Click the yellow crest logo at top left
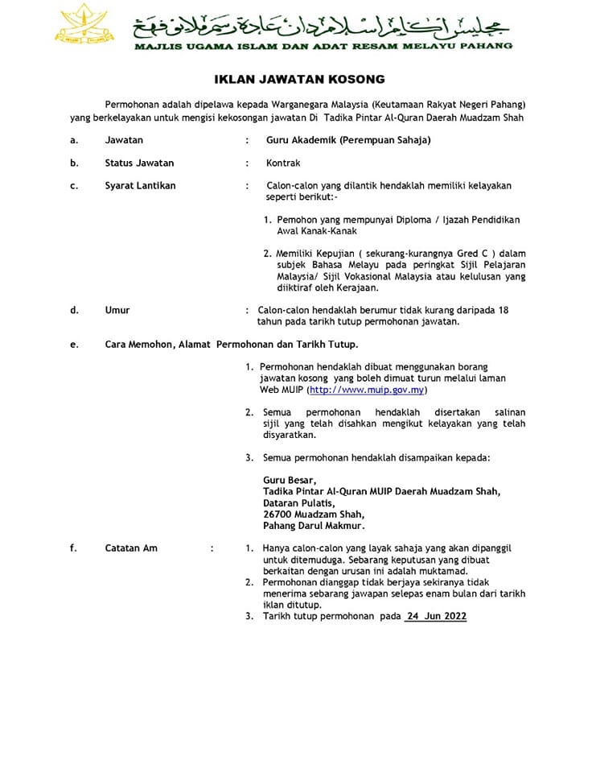85,26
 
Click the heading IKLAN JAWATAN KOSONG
299,79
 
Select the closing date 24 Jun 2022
436,616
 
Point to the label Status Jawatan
139,163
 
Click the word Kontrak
283,163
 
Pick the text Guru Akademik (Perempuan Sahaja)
348,140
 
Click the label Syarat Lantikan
140,185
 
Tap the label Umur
117,310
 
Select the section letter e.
74,344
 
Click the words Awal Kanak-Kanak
316,231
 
